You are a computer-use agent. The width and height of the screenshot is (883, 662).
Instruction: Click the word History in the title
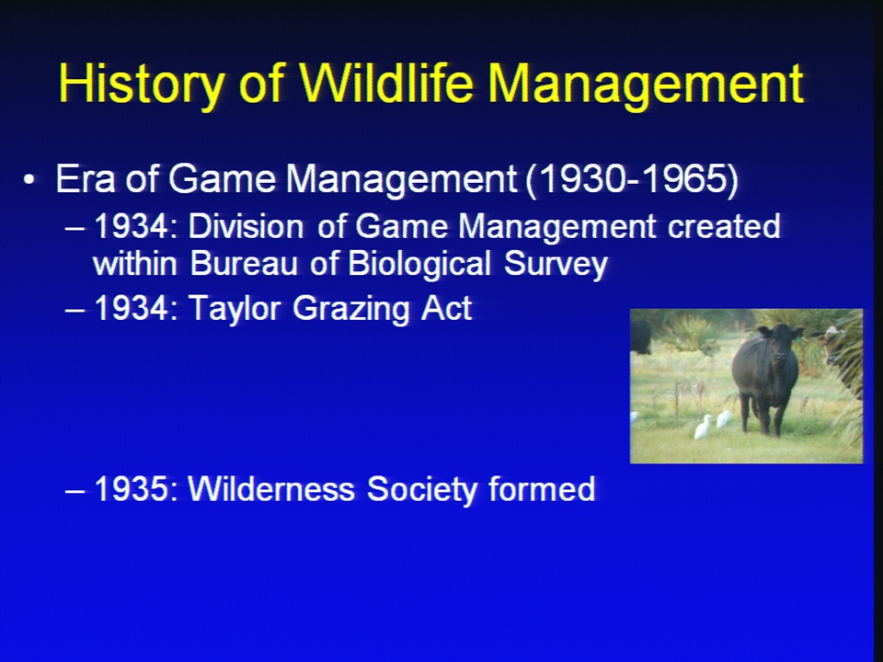coord(141,84)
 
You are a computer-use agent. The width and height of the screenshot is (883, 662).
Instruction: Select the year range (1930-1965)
coord(632,179)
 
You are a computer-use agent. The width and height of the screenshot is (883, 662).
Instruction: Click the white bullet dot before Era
coord(29,180)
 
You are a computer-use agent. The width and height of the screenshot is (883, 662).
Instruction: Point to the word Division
coord(247,226)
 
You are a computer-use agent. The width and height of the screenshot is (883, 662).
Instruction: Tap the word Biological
coord(419,265)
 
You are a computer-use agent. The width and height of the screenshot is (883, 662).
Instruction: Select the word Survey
coord(556,265)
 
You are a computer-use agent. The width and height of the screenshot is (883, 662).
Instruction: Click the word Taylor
coord(235,309)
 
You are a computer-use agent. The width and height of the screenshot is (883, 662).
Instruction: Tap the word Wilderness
coord(270,488)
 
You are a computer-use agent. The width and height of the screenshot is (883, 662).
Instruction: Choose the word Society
coord(422,489)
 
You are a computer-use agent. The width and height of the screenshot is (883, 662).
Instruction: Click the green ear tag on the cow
coord(798,337)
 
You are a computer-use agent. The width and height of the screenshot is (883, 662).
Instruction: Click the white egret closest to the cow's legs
coord(723,418)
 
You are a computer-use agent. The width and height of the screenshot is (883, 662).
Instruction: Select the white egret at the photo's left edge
coord(634,417)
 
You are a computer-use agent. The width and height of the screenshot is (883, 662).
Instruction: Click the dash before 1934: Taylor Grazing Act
coord(75,310)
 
